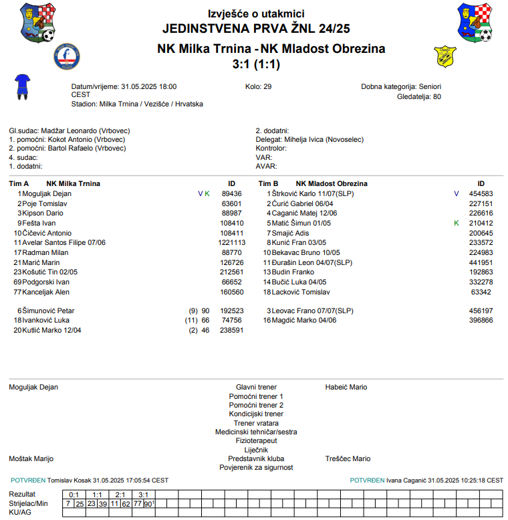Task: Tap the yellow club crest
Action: coord(445,56)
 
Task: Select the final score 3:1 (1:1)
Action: coord(255,64)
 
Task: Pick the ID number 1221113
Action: coord(231,242)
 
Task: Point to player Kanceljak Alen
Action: coord(46,292)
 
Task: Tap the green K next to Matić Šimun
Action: coord(457,223)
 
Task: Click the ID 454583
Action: coord(481,193)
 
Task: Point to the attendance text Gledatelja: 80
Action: coord(418,96)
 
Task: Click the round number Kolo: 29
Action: coord(259,86)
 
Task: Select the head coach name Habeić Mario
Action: coord(346,387)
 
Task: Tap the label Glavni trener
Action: coord(256,387)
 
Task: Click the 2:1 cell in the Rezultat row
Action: coord(120,494)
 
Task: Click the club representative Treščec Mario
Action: coord(348,458)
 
